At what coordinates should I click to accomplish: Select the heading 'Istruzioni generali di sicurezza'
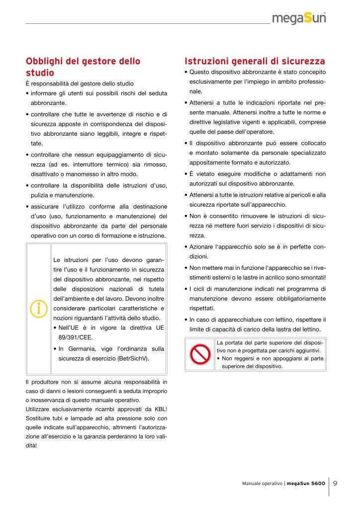(x=255, y=62)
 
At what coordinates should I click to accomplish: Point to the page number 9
(x=336, y=483)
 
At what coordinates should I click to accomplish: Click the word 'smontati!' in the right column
(x=312, y=277)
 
